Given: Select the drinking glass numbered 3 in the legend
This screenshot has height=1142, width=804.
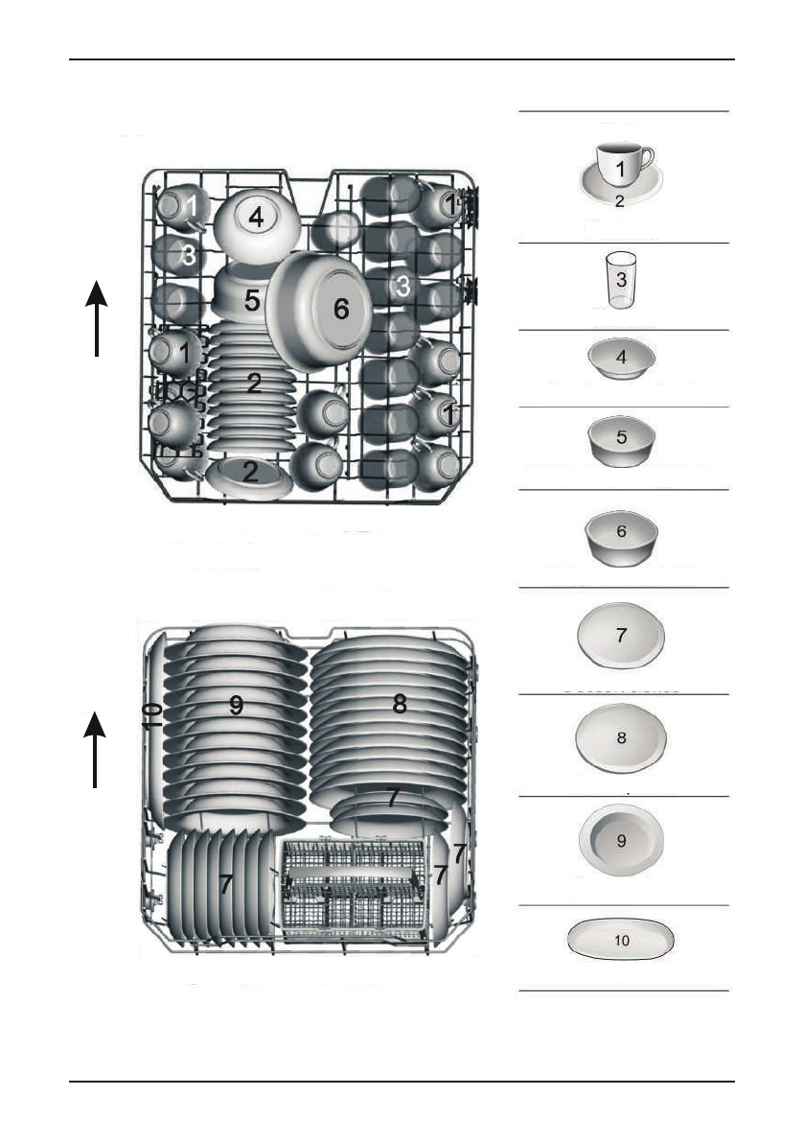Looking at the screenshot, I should tap(621, 280).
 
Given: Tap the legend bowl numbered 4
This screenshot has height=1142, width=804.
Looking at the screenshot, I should tap(621, 359).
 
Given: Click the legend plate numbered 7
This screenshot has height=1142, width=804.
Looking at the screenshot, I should tap(621, 637).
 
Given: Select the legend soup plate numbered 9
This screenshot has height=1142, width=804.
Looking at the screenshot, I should tap(621, 841).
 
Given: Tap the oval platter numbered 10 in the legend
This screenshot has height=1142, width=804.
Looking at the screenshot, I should tap(621, 941).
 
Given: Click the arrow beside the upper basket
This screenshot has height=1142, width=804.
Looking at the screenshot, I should tap(97, 316).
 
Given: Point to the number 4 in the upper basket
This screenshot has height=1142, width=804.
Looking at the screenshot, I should tap(255, 218).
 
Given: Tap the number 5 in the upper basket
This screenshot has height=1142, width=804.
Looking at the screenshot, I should tap(251, 301).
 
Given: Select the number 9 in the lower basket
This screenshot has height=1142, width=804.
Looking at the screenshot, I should tap(236, 705).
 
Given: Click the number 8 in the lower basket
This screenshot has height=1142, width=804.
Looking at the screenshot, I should tap(400, 704).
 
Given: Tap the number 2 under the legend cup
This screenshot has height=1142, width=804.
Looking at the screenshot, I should tap(620, 202).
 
